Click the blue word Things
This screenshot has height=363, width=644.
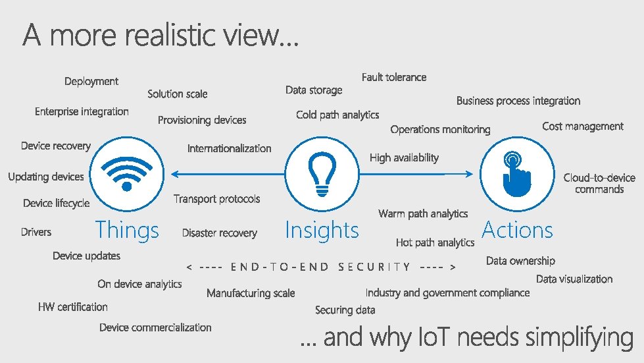(127, 231)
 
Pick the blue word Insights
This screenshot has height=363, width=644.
(322, 231)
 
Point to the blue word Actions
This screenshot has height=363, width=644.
(517, 230)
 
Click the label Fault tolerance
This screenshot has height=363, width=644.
(394, 77)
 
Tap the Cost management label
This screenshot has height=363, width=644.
(583, 126)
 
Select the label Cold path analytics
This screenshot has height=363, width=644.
(337, 115)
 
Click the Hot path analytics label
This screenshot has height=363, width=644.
(435, 242)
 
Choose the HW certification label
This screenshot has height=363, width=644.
(72, 306)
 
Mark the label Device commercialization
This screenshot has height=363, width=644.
(155, 327)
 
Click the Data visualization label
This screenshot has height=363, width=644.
(574, 279)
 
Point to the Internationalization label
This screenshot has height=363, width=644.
(229, 148)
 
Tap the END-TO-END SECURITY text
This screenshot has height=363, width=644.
(322, 267)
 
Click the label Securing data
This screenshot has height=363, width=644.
(345, 310)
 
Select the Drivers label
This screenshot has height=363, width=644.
(36, 232)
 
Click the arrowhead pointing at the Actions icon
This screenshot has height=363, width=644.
(470, 174)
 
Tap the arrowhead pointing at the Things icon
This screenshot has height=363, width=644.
(174, 174)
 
